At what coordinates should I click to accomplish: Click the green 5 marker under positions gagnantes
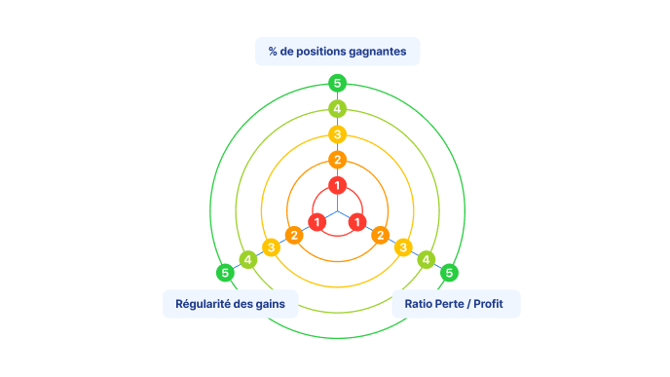[x=337, y=83]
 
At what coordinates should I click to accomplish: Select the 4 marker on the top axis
[x=337, y=108]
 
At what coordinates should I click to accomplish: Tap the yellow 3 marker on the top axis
[x=337, y=134]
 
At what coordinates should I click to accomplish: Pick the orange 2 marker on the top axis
[x=337, y=160]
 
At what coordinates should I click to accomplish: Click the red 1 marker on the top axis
[x=337, y=185]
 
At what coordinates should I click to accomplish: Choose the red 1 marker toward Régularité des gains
[x=317, y=222]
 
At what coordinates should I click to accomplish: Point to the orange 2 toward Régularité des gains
[x=294, y=235]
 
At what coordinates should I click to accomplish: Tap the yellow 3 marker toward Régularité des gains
[x=271, y=247]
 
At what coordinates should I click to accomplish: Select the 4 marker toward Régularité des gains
[x=247, y=259]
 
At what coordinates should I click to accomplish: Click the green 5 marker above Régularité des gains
[x=225, y=273]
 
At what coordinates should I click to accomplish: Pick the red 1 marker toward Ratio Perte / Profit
[x=357, y=222]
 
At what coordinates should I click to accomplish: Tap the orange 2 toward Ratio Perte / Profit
[x=381, y=235]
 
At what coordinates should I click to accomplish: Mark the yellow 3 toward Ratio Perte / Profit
[x=403, y=247]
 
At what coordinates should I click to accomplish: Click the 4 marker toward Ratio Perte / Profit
[x=426, y=259]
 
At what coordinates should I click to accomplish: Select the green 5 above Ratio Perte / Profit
[x=449, y=273]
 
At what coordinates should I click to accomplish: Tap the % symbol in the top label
[x=273, y=52]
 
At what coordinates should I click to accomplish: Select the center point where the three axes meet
[x=338, y=210]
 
